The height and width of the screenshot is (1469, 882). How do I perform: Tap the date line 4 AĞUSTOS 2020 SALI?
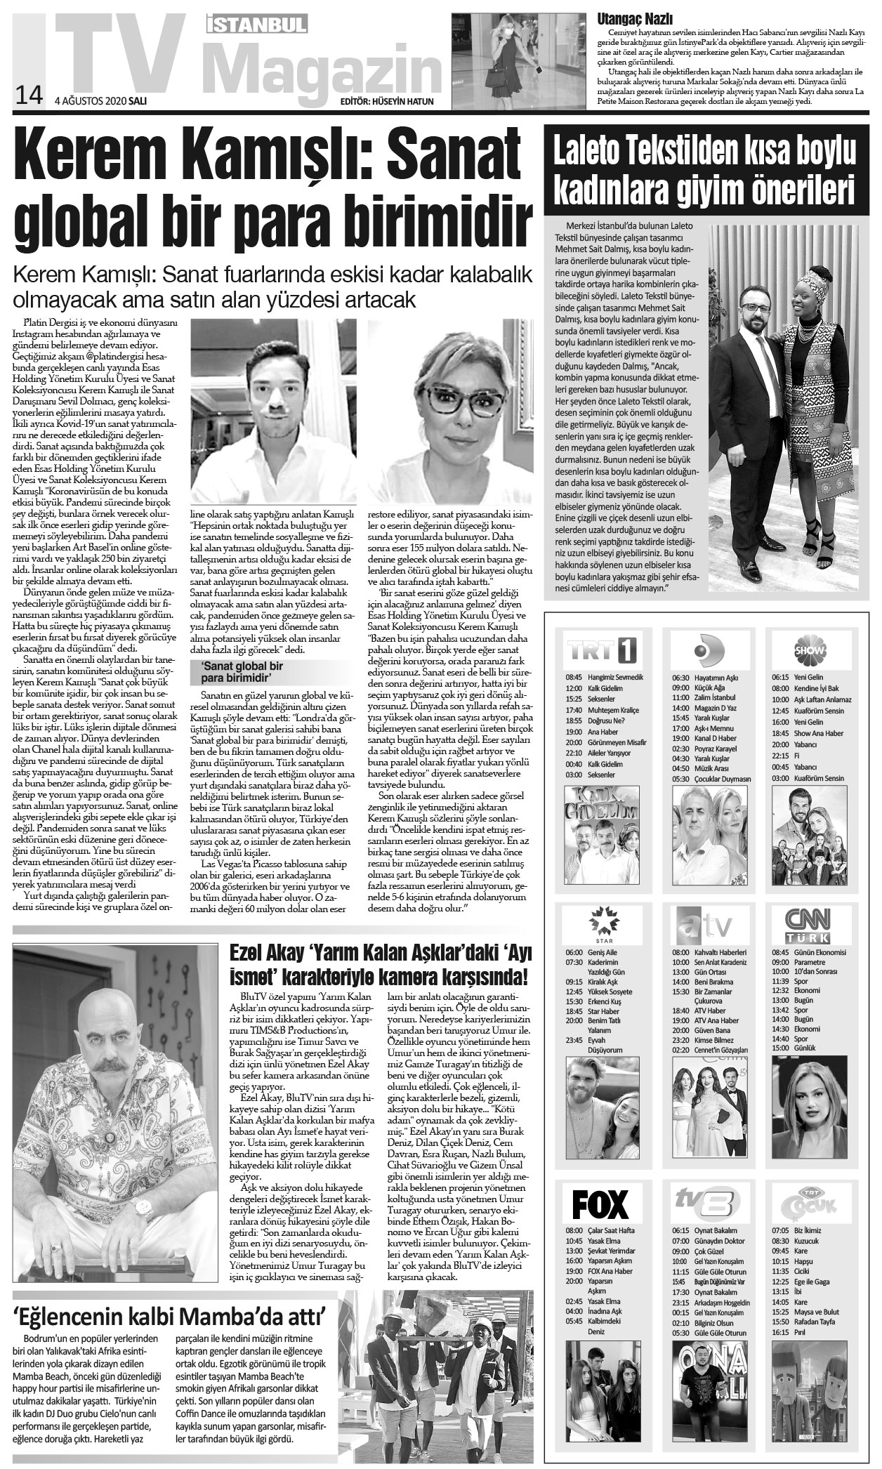[100, 100]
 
